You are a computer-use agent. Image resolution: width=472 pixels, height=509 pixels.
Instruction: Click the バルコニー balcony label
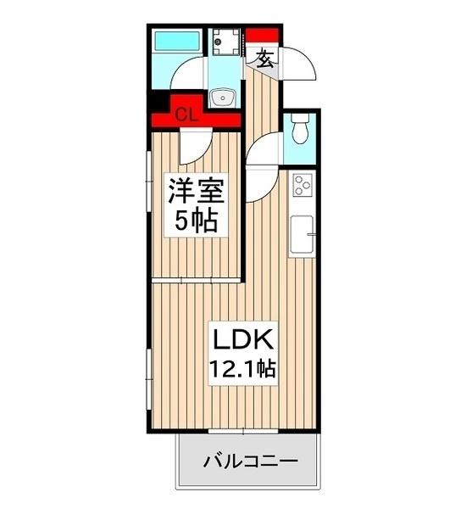tap(250, 463)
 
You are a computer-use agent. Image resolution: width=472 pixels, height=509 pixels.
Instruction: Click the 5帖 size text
tap(194, 221)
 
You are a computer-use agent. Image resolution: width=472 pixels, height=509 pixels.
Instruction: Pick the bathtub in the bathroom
tap(175, 41)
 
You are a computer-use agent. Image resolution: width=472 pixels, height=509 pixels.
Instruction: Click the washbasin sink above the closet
tap(224, 97)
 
